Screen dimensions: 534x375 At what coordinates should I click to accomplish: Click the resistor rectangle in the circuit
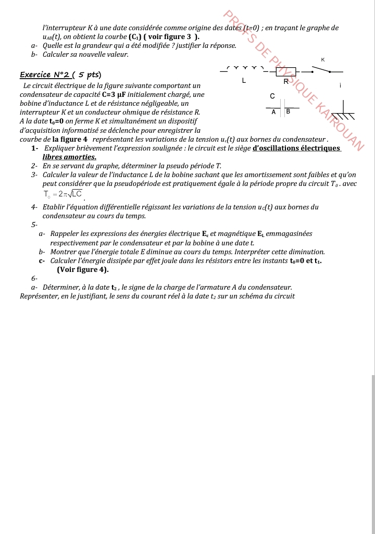(286, 72)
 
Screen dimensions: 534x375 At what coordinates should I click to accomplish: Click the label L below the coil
(244, 81)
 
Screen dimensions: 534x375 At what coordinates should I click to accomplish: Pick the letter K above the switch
(323, 60)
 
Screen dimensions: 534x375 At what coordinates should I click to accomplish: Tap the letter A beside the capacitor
(274, 111)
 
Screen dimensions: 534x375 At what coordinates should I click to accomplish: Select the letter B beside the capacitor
(288, 111)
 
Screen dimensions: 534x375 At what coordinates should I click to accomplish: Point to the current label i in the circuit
(340, 85)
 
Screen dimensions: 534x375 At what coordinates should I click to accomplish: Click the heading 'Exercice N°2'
(44, 75)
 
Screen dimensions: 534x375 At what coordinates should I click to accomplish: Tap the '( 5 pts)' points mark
(87, 75)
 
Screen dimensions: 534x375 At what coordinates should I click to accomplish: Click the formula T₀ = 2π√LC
(63, 194)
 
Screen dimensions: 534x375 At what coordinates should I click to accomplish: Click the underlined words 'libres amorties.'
(69, 157)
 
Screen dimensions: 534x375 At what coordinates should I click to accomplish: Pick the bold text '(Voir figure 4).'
(83, 269)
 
